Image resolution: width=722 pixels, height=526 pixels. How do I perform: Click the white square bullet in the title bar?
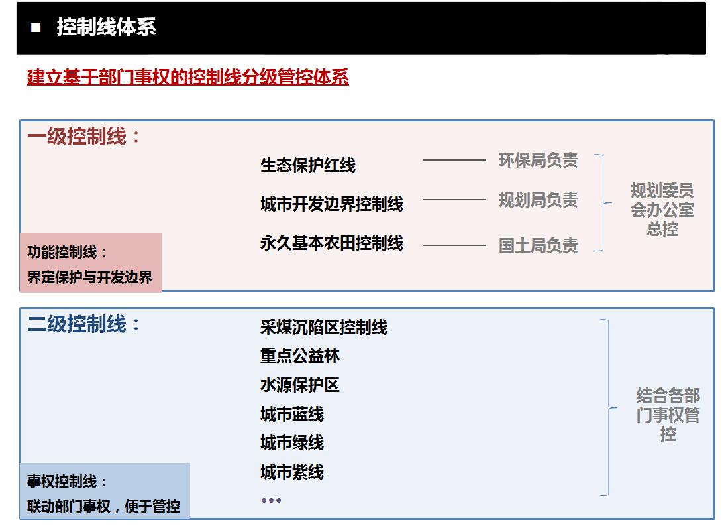point(36,27)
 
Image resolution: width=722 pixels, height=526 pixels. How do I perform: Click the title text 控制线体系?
point(107,27)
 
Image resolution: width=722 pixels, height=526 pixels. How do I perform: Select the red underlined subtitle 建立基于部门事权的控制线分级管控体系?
point(188,76)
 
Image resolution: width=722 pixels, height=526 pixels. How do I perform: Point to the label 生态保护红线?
point(308,165)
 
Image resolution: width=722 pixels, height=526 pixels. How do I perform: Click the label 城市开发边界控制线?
point(332,203)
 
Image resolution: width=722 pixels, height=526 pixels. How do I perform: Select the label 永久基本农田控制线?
point(332,243)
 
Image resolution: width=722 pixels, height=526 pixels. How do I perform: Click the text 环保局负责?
point(539,160)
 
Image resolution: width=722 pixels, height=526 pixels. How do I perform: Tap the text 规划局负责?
point(539,200)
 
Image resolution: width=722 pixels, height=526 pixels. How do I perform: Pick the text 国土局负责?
point(539,245)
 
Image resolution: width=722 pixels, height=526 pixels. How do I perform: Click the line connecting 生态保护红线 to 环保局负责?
point(454,160)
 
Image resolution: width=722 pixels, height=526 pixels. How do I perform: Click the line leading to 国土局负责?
point(454,245)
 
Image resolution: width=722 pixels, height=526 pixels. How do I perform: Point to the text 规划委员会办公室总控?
point(662,210)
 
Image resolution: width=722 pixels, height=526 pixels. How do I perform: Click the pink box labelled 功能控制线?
point(91,263)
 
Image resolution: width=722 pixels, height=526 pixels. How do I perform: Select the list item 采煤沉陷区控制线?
point(324,327)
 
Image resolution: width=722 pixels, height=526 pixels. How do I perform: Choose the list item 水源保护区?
point(300,385)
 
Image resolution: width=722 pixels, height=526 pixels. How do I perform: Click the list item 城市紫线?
point(292,472)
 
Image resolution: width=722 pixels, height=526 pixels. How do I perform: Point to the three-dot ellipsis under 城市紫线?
point(271,500)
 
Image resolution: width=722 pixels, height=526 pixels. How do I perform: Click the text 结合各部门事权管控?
point(668,415)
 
